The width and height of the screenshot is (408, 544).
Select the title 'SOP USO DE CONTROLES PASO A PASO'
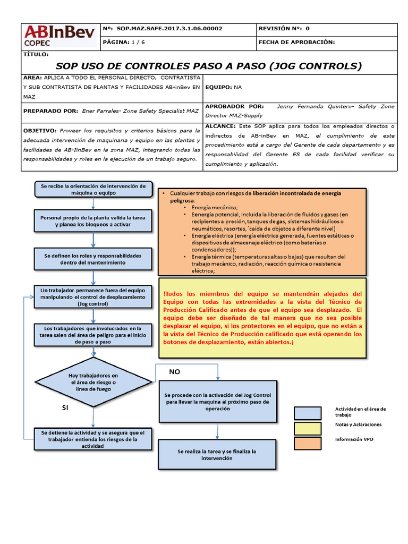pyautogui.click(x=208, y=66)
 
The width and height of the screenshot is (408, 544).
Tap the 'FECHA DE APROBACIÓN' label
pyautogui.click(x=296, y=42)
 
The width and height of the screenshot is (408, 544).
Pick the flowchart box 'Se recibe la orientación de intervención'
pyautogui.click(x=93, y=189)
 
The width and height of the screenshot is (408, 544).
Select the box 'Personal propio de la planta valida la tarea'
pyautogui.click(x=93, y=221)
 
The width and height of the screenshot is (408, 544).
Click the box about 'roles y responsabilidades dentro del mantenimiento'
pyautogui.click(x=93, y=259)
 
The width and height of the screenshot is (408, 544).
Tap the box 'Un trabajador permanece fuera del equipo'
pyautogui.click(x=93, y=297)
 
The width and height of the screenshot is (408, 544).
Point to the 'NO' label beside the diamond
pyautogui.click(x=175, y=372)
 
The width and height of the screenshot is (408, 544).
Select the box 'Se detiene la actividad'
pyautogui.click(x=93, y=439)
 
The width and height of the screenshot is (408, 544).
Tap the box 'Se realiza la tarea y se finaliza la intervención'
pyautogui.click(x=217, y=454)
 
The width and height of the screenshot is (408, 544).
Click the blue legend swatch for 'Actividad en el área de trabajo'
pyautogui.click(x=308, y=413)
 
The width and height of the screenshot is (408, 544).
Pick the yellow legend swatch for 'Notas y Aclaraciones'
pyautogui.click(x=308, y=428)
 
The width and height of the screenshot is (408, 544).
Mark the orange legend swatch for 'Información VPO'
pyautogui.click(x=308, y=443)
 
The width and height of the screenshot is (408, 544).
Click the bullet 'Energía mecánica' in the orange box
pyautogui.click(x=215, y=207)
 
